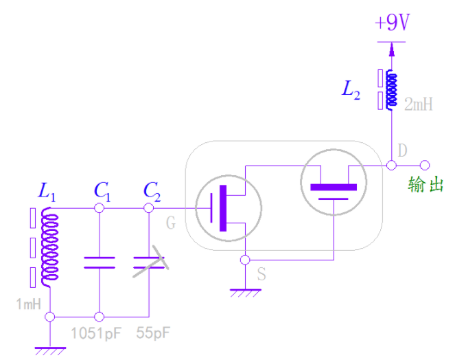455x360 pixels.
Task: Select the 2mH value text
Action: click(x=419, y=104)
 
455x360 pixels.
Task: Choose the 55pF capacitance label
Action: click(x=152, y=335)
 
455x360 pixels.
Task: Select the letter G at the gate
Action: click(x=171, y=222)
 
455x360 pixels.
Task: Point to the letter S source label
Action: click(x=261, y=275)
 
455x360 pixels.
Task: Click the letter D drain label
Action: click(x=402, y=149)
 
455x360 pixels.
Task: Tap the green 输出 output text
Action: click(x=425, y=184)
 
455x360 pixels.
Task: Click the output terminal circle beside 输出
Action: click(x=425, y=166)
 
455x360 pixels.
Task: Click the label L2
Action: click(x=351, y=90)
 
